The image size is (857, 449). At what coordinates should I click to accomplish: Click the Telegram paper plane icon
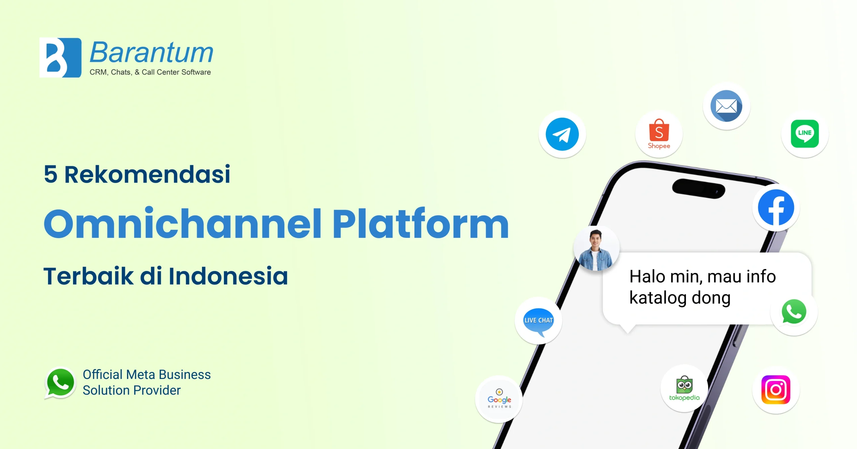point(562,134)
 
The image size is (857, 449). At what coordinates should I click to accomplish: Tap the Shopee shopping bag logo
point(659,134)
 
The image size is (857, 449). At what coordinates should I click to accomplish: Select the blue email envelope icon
point(726,106)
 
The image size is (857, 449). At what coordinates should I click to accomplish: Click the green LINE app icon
point(805,134)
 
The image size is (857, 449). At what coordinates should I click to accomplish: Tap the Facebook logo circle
point(776,207)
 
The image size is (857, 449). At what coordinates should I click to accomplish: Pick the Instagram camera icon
point(776,390)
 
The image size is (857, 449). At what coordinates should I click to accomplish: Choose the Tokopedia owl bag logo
point(684,388)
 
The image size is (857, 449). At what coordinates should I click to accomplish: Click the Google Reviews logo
point(499,399)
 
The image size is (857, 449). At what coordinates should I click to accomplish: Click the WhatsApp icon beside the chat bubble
point(794,312)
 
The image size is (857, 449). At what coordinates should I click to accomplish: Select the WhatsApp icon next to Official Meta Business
point(60,383)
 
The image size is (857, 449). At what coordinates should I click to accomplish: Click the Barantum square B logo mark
point(60,58)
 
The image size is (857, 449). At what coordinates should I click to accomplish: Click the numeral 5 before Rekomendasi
point(51,174)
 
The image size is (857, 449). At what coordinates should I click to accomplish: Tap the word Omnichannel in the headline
point(183,223)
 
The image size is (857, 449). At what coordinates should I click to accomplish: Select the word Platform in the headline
point(420,223)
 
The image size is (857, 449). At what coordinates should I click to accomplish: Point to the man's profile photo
point(596,249)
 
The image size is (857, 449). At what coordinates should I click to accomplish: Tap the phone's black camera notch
point(699,189)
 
